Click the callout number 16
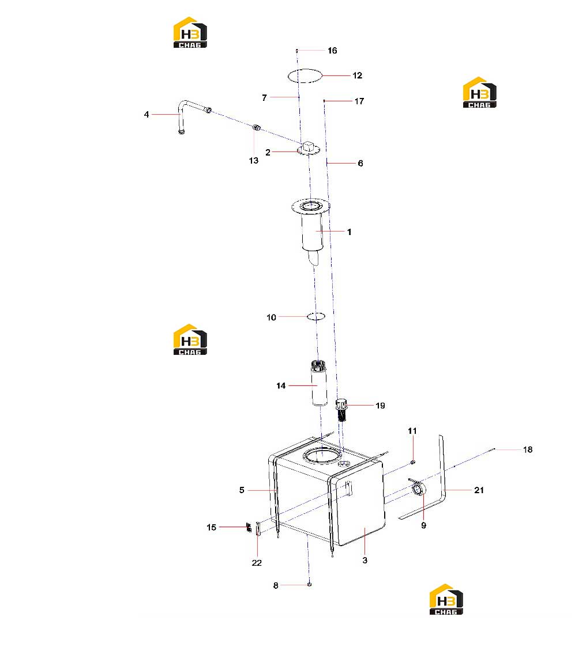click(332, 50)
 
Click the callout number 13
click(254, 160)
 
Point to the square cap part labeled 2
click(309, 147)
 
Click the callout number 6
click(360, 164)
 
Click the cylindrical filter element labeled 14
click(319, 383)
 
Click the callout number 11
click(412, 431)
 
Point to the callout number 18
click(527, 449)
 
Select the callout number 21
click(479, 490)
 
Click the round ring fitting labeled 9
click(418, 489)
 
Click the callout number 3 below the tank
click(365, 560)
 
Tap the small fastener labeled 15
click(249, 527)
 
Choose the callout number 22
click(257, 563)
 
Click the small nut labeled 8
click(309, 584)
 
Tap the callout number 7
click(264, 97)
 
